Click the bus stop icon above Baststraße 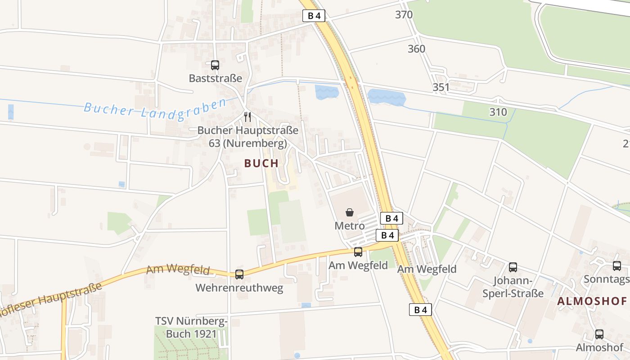pyautogui.click(x=215, y=65)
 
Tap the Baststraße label pyautogui.click(x=216, y=78)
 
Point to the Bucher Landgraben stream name pyautogui.click(x=155, y=108)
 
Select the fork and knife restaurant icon pyautogui.click(x=247, y=117)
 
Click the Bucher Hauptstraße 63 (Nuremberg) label pyautogui.click(x=248, y=137)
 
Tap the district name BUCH pyautogui.click(x=261, y=163)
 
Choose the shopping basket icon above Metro pyautogui.click(x=350, y=212)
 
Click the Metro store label pyautogui.click(x=350, y=225)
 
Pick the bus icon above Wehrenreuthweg pyautogui.click(x=239, y=274)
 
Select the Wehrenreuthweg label pyautogui.click(x=239, y=288)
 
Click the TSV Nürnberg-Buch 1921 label pyautogui.click(x=192, y=328)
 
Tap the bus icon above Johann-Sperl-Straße pyautogui.click(x=513, y=267)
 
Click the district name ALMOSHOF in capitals pyautogui.click(x=592, y=301)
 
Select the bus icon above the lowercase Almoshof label pyautogui.click(x=599, y=334)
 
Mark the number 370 pyautogui.click(x=404, y=14)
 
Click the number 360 pyautogui.click(x=416, y=49)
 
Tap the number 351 pyautogui.click(x=441, y=87)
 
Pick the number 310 pyautogui.click(x=498, y=112)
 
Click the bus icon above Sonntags pyautogui.click(x=617, y=266)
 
